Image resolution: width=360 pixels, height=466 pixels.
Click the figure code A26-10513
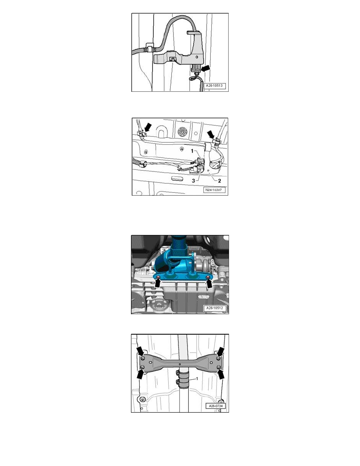coord(214,86)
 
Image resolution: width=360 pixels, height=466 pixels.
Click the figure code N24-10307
coord(214,189)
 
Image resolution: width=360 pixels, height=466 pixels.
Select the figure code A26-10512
coord(215,308)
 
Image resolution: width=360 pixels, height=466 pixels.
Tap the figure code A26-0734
coord(216,406)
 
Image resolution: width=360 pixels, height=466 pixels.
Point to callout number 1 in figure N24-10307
coord(192,151)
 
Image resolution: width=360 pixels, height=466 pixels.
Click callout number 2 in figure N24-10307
coord(220,180)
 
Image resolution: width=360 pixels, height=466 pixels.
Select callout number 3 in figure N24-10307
coord(193,181)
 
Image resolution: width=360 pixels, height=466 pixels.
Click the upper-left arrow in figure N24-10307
coord(147,128)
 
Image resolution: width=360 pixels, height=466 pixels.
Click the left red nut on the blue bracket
coord(158,277)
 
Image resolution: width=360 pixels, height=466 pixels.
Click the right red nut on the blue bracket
coord(208,277)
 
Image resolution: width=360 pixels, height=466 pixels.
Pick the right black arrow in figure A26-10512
coord(210,284)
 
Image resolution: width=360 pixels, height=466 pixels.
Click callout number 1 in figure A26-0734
coord(196,379)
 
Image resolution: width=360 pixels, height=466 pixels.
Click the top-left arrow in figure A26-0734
coord(140,351)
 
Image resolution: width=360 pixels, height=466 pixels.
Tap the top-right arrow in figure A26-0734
coord(221,352)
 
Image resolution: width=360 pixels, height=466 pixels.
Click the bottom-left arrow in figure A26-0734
coord(140,373)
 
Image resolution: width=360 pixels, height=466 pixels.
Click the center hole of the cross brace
coord(180,364)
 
